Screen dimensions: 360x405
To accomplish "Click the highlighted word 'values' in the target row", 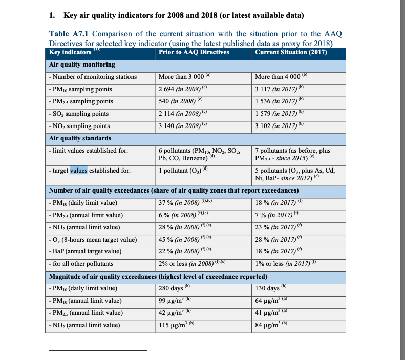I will [79, 171].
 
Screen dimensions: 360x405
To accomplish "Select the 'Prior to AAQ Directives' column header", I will [194, 52].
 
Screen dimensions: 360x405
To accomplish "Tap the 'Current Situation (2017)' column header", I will [291, 52].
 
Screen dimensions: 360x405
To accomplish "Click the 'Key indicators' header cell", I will [70, 52].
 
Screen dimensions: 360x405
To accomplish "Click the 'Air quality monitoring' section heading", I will [82, 65].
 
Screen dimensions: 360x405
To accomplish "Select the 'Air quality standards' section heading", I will [80, 138].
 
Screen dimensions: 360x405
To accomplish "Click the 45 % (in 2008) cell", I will [182, 239].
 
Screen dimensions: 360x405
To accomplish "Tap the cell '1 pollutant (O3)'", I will [183, 171].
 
